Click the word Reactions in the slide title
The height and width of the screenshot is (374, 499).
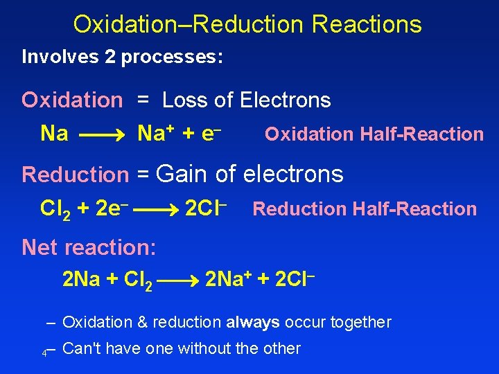pyautogui.click(x=367, y=25)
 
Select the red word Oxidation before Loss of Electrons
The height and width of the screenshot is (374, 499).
pyautogui.click(x=71, y=100)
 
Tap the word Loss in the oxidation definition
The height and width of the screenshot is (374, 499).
pyautogui.click(x=186, y=100)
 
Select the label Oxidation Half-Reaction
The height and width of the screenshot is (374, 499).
pyautogui.click(x=374, y=134)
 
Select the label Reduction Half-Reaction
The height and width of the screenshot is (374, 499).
pyautogui.click(x=365, y=208)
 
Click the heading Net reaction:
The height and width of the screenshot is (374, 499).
pyautogui.click(x=89, y=247)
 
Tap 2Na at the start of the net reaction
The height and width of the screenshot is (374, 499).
pyautogui.click(x=81, y=280)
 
